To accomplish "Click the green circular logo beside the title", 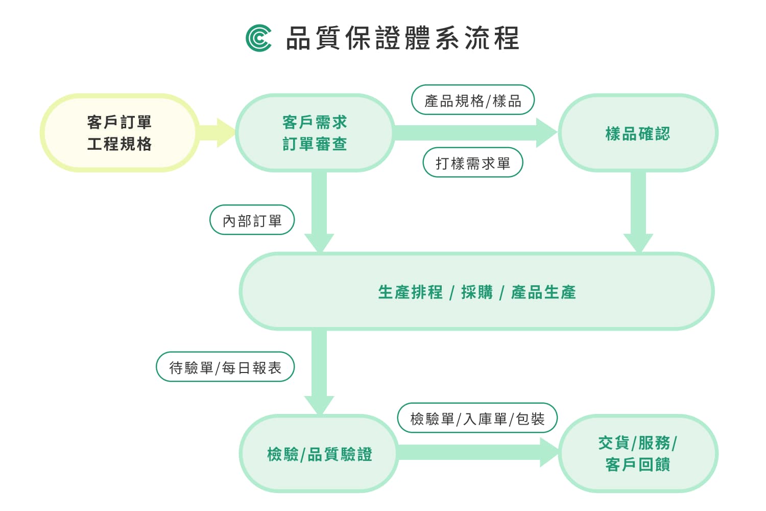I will pos(258,38).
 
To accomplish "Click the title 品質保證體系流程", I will pos(402,38).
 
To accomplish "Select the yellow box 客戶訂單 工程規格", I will pos(119,133).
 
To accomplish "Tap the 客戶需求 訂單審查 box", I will pos(315,133).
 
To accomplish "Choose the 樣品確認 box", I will pos(638,133).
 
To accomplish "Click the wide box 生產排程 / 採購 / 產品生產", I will pos(476,292).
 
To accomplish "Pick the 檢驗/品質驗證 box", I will pos(319,454).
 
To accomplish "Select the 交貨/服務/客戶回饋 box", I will pos(638,453).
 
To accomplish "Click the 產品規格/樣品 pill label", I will pos(472,100).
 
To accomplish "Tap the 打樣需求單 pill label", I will pos(472,163).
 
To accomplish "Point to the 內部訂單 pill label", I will pos(252,220).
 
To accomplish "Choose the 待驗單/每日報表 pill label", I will pos(225,367).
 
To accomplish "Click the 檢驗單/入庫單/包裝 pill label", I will pos(477,419).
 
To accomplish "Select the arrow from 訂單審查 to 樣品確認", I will pos(475,133).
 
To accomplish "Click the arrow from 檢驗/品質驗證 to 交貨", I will pos(477,453).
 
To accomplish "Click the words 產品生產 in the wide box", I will pos(543,292).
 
